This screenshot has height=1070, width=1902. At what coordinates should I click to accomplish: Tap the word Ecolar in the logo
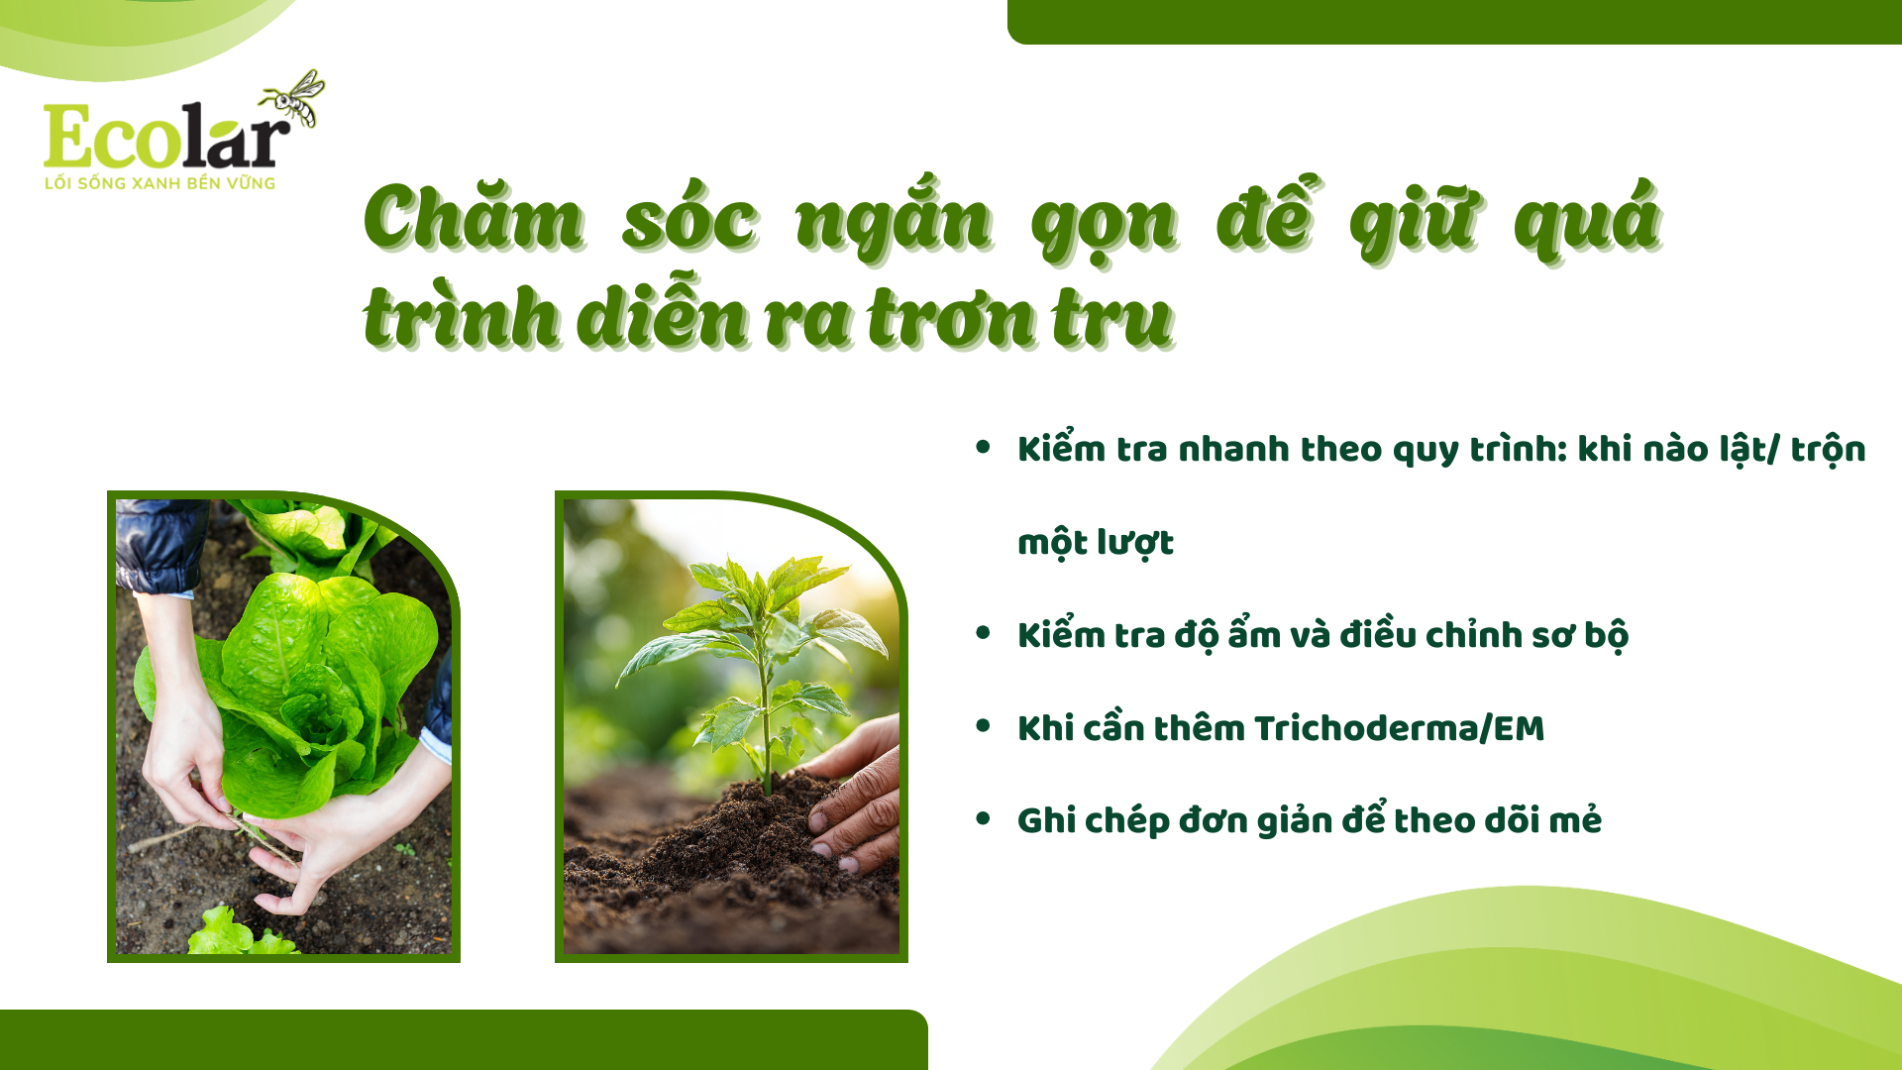click(x=166, y=136)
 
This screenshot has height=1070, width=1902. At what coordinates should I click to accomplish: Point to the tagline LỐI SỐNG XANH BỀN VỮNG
click(x=159, y=183)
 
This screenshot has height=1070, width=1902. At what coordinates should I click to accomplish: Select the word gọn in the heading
click(x=1105, y=225)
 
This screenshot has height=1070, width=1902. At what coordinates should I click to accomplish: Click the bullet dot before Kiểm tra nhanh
click(x=983, y=447)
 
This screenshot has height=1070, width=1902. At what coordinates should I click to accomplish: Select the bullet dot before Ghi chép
click(x=983, y=818)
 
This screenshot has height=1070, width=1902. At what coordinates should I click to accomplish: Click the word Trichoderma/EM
click(x=1399, y=728)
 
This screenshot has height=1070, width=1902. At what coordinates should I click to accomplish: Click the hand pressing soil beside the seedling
click(x=852, y=793)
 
